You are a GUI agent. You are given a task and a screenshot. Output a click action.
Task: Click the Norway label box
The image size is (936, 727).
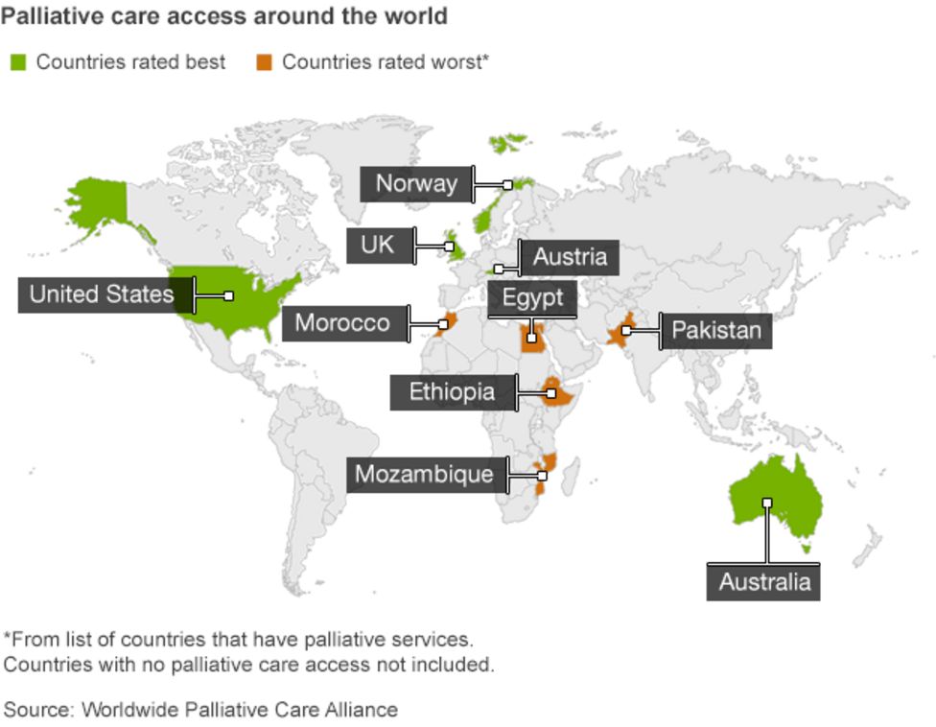416,184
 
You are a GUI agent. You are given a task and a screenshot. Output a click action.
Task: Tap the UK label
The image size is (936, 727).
378,246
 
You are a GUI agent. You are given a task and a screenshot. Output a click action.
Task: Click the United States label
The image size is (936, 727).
102,293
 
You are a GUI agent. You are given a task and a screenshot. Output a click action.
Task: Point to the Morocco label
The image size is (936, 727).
342,323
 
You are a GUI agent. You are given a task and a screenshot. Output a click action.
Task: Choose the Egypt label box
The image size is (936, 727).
533,297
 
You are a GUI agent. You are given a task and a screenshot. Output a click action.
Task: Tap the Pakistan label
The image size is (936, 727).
716,331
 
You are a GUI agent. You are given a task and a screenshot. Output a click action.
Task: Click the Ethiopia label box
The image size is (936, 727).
453,391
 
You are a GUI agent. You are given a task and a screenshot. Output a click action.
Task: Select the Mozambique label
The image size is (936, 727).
424,474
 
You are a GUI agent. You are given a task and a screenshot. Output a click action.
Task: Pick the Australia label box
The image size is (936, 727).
764,582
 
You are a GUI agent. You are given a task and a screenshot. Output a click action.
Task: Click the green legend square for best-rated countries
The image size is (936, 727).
18,62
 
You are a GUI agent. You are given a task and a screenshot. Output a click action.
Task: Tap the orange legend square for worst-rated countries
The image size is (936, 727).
264,62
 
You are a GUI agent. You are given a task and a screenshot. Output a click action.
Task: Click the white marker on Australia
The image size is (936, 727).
766,503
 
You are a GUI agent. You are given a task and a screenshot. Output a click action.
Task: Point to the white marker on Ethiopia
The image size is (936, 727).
550,393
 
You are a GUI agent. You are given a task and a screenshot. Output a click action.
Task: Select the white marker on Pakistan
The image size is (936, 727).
625,331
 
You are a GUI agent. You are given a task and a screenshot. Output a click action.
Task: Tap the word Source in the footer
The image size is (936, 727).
37,710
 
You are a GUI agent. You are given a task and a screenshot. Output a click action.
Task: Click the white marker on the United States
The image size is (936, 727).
228,296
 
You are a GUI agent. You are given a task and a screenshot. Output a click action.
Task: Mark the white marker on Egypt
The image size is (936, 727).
531,338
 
